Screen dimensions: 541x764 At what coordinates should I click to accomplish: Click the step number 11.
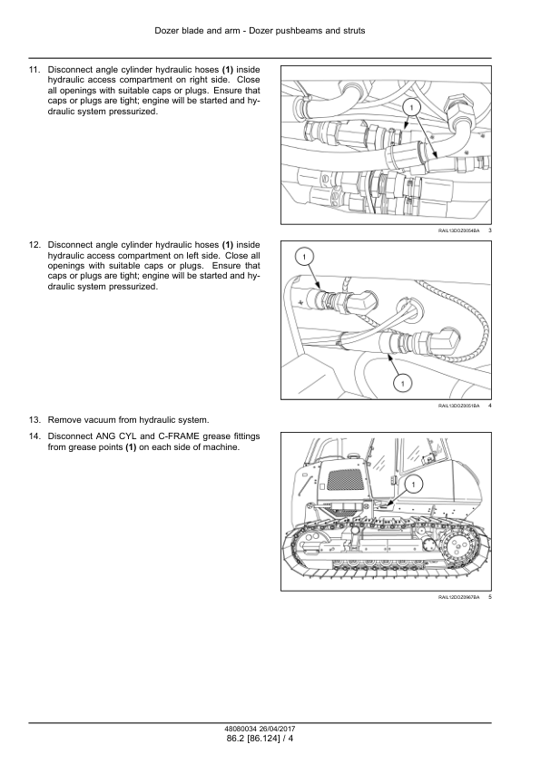point(34,70)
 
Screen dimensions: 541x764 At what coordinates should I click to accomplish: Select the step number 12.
point(34,245)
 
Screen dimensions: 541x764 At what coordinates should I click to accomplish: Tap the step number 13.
point(34,420)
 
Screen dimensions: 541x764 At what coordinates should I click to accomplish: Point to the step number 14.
point(34,436)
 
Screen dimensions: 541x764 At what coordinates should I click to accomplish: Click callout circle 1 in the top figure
point(411,107)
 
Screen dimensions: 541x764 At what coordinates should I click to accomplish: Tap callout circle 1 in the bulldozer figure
point(414,484)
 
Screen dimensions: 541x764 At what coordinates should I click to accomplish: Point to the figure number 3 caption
point(489,230)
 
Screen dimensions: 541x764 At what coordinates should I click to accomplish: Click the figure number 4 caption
point(489,406)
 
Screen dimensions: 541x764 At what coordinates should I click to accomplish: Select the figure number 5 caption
point(489,597)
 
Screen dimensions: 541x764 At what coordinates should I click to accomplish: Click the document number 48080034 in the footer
point(239,730)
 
